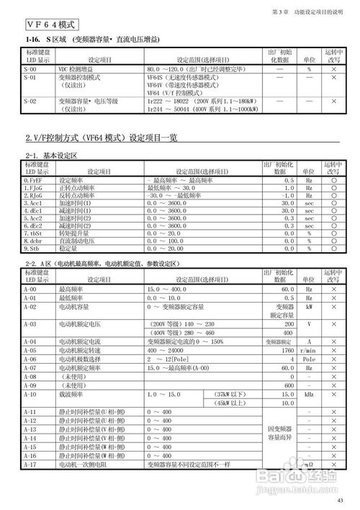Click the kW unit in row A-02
[309, 306]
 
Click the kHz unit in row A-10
[309, 394]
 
